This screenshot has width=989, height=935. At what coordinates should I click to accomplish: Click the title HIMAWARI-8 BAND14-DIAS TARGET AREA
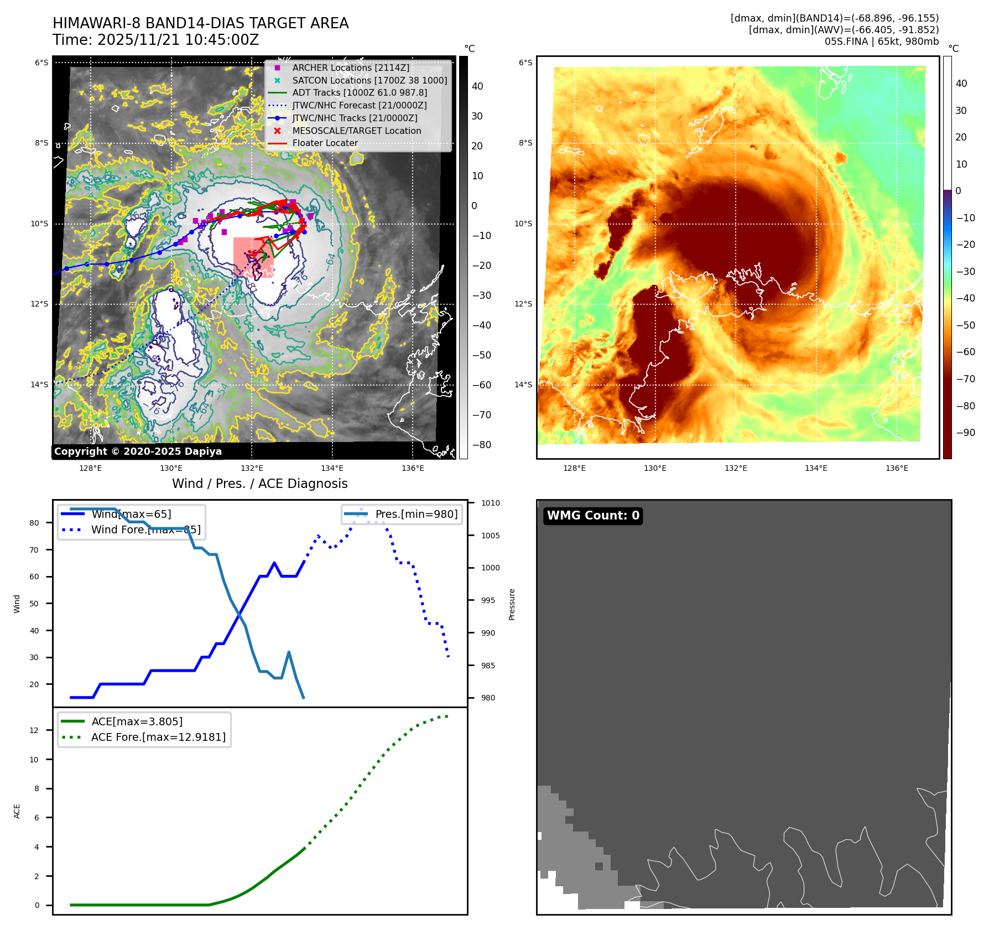[200, 23]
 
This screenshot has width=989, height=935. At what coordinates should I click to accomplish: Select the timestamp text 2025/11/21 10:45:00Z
[178, 40]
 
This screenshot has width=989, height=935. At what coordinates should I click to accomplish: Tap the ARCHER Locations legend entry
[351, 67]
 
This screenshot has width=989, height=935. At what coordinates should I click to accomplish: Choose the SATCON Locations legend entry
[369, 80]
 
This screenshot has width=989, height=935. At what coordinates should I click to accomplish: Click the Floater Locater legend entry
[325, 143]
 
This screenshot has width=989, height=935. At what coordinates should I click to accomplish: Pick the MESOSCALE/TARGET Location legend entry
[356, 131]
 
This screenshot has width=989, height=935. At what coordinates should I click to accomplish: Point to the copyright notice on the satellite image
[138, 451]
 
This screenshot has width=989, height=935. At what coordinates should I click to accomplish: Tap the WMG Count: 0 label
[593, 516]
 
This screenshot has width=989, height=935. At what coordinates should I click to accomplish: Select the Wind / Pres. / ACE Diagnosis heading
[259, 484]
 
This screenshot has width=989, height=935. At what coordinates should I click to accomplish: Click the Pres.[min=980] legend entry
[416, 514]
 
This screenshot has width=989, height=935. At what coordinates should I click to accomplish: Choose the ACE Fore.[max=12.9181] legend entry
[158, 737]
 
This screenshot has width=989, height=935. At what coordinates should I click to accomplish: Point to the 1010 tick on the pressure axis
[490, 503]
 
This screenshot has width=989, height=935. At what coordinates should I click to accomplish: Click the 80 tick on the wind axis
[34, 523]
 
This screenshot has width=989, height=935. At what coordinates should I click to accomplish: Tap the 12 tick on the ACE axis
[34, 730]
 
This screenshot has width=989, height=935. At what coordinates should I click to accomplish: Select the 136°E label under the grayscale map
[413, 468]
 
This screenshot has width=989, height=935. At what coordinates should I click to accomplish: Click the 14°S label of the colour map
[523, 385]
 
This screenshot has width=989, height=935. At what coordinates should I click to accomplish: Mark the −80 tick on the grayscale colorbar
[481, 445]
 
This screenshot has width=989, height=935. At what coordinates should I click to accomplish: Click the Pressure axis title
[512, 604]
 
